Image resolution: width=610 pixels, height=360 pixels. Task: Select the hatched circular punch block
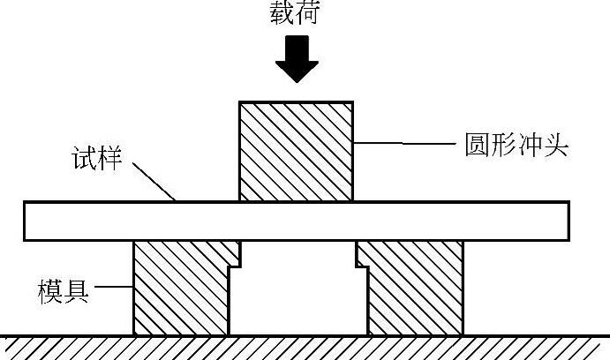click(297, 151)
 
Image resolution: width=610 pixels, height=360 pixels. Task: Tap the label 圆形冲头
click(516, 144)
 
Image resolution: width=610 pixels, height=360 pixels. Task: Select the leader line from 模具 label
click(112, 287)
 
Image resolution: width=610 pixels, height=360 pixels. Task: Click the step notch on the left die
click(235, 257)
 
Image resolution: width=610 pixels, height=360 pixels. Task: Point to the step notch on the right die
click(361, 257)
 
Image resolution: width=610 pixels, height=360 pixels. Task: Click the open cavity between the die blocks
click(297, 296)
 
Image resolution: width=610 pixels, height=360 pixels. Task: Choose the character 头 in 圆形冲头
click(555, 144)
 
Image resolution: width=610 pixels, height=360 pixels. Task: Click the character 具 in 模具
click(77, 288)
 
